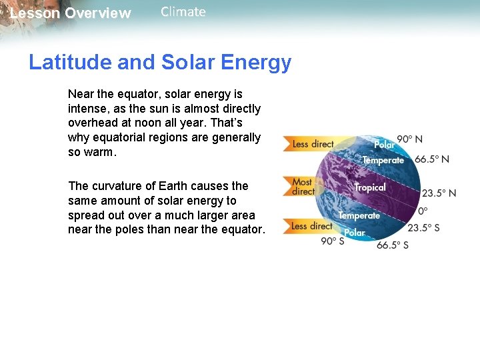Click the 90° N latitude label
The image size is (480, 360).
click(x=409, y=139)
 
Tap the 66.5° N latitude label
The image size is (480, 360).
click(x=432, y=159)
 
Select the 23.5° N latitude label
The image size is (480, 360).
click(x=439, y=193)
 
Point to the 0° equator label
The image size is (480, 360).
click(x=423, y=211)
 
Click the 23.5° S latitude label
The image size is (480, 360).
click(x=423, y=227)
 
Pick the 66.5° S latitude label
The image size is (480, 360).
click(x=392, y=245)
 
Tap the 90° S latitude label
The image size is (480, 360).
click(x=333, y=241)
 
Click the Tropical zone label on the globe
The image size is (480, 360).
click(x=370, y=187)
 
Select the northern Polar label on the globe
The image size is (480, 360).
click(x=384, y=144)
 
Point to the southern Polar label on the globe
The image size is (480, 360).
click(x=355, y=233)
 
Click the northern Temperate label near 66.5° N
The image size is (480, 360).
click(x=383, y=160)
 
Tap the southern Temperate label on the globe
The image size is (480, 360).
click(x=359, y=215)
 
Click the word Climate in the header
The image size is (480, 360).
click(x=183, y=12)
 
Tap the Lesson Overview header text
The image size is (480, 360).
click(x=71, y=13)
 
